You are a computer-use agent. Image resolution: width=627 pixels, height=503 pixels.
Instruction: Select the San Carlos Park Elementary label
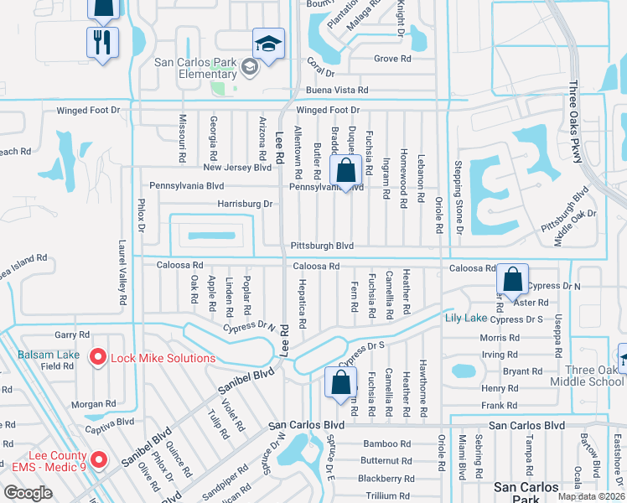[x=197, y=68]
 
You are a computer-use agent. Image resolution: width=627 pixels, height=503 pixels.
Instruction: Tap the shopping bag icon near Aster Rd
[x=512, y=279]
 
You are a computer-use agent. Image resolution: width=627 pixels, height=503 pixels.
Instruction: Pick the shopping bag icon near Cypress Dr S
[x=341, y=384]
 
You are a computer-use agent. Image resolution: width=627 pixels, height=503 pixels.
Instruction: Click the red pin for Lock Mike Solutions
[x=98, y=358]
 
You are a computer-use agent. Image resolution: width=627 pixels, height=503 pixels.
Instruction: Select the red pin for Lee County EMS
[x=99, y=459]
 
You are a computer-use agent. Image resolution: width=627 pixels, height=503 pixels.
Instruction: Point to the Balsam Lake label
[x=49, y=355]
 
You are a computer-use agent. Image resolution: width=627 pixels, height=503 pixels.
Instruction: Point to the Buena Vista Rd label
[x=337, y=90]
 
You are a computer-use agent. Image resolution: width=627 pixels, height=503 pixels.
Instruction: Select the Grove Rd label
[x=391, y=60]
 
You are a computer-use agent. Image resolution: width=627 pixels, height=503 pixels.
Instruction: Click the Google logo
[x=28, y=492]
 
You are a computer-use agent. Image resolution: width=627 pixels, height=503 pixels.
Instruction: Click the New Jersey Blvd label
[x=237, y=168]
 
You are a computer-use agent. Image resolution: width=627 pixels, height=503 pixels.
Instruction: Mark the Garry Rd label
[x=71, y=334]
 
